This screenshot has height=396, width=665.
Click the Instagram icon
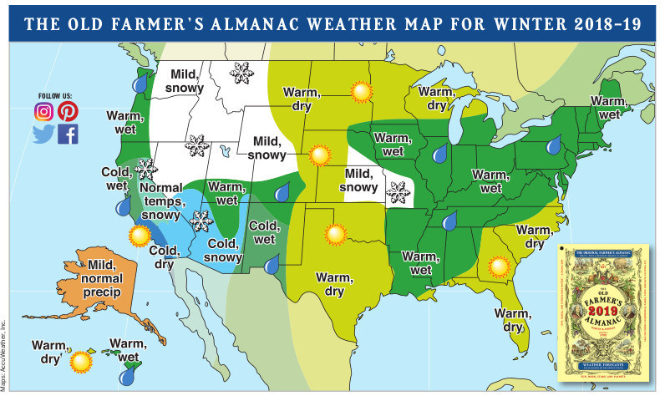point(44,111)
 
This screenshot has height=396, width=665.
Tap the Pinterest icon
point(68,111)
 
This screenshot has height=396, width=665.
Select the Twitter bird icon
point(43,134)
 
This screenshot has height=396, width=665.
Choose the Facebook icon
point(68,134)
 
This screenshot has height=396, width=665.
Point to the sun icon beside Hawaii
point(80,361)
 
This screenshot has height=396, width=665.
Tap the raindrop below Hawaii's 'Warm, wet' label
point(126,377)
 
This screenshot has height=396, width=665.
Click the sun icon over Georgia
point(500,267)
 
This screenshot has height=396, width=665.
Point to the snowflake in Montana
point(242,75)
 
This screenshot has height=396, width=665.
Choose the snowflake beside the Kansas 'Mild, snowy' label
point(397,190)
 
